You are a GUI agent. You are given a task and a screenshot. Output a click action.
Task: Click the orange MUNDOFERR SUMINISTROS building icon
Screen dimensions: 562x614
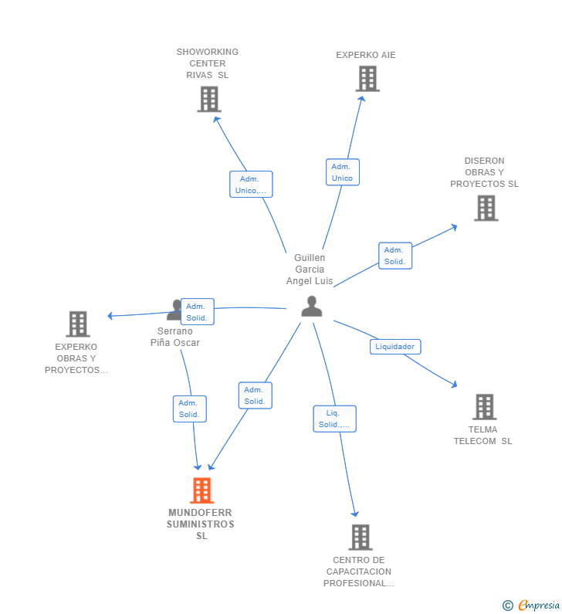[x=202, y=490]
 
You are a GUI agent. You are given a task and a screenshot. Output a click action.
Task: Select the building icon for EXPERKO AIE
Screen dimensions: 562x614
[x=367, y=79]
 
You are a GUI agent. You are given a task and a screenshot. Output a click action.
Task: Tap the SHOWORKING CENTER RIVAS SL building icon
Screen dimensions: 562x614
[x=209, y=100]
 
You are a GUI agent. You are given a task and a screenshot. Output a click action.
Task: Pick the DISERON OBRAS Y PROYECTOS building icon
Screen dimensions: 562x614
[x=486, y=209]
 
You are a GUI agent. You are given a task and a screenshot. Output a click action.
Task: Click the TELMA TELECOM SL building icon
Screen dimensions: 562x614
[x=485, y=407]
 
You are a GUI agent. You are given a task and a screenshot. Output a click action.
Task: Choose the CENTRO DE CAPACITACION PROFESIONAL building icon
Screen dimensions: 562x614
[x=361, y=538]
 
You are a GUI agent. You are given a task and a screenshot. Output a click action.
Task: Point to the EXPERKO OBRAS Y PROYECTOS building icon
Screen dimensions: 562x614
[x=78, y=324]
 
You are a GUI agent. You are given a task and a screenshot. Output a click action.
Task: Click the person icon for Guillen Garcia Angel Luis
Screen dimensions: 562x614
[x=312, y=306]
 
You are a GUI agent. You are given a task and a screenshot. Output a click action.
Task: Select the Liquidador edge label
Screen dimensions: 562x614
[x=395, y=347]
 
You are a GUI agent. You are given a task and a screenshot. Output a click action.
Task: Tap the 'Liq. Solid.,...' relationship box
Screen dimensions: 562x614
[x=334, y=419]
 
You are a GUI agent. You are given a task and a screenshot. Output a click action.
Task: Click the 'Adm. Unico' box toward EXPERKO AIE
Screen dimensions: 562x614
[x=343, y=172]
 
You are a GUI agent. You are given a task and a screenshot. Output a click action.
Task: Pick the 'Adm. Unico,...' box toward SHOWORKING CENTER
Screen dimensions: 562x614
[x=251, y=185]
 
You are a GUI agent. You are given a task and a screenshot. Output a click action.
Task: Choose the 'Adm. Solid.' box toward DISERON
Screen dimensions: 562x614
[x=395, y=256]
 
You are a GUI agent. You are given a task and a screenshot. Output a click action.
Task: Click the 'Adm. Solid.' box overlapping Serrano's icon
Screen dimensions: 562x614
[x=198, y=312]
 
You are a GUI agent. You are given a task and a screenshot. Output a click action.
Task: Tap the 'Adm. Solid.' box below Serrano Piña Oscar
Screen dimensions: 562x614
[x=189, y=409]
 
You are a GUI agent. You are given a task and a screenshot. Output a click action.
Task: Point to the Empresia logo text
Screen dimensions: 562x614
[x=539, y=605]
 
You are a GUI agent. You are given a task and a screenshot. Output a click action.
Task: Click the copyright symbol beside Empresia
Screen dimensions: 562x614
[x=508, y=606]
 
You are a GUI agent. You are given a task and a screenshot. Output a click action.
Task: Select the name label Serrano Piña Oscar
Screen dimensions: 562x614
[x=175, y=337]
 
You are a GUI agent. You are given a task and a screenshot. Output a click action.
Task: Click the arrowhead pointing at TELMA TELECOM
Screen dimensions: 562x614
[x=454, y=385]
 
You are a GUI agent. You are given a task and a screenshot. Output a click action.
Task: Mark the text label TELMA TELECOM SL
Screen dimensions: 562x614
[x=483, y=436]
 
